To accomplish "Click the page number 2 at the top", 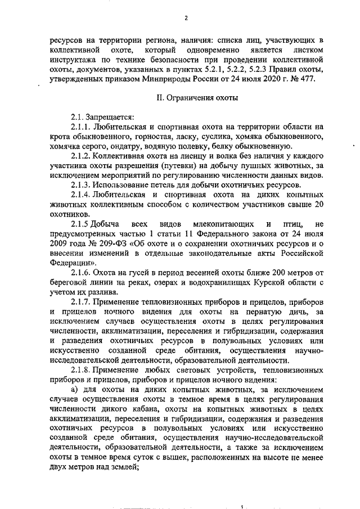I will click(x=186, y=17).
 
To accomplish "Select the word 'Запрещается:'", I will click(x=111, y=117).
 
